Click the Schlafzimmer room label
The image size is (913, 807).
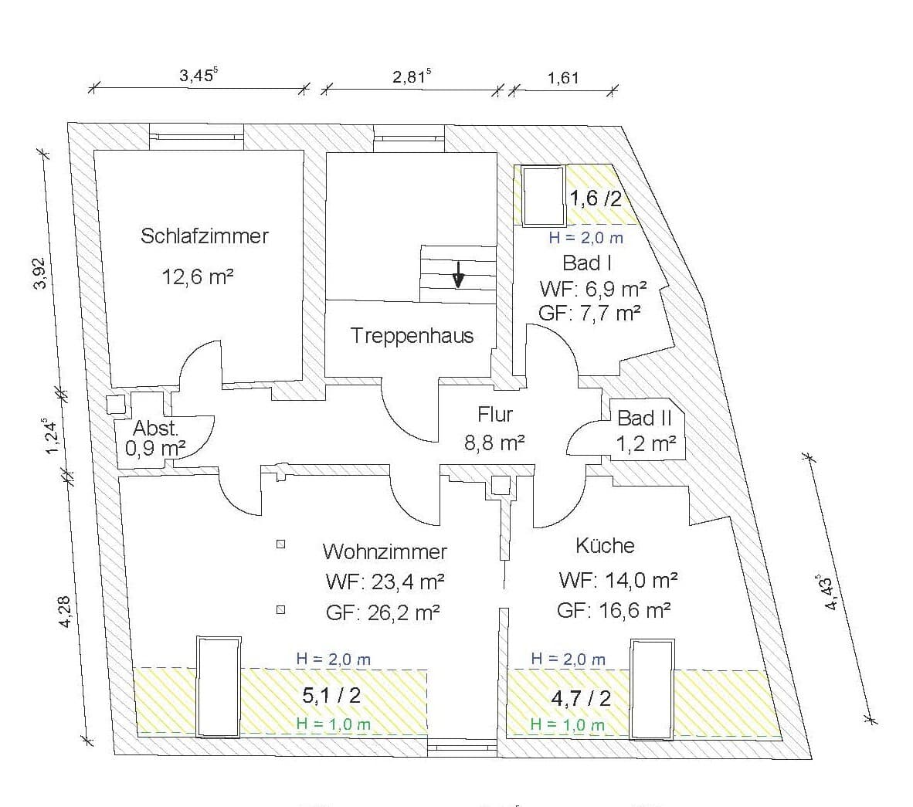[205, 236]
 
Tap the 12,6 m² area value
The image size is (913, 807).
[198, 276]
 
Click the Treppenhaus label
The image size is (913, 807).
[412, 336]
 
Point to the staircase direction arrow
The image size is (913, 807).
[459, 274]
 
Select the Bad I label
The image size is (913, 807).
[586, 263]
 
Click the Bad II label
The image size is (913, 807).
[644, 418]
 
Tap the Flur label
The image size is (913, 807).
[495, 415]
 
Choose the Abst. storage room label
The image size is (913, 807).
[155, 429]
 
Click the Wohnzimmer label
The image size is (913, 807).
[385, 551]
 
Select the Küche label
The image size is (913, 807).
[605, 545]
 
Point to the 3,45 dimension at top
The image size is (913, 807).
[199, 75]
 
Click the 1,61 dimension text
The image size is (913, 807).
[563, 77]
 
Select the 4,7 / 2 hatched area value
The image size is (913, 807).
[581, 697]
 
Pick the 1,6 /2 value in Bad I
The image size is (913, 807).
[595, 198]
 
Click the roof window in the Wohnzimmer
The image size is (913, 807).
[219, 687]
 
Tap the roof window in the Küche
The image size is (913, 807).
[652, 690]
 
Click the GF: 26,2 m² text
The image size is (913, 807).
[382, 612]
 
